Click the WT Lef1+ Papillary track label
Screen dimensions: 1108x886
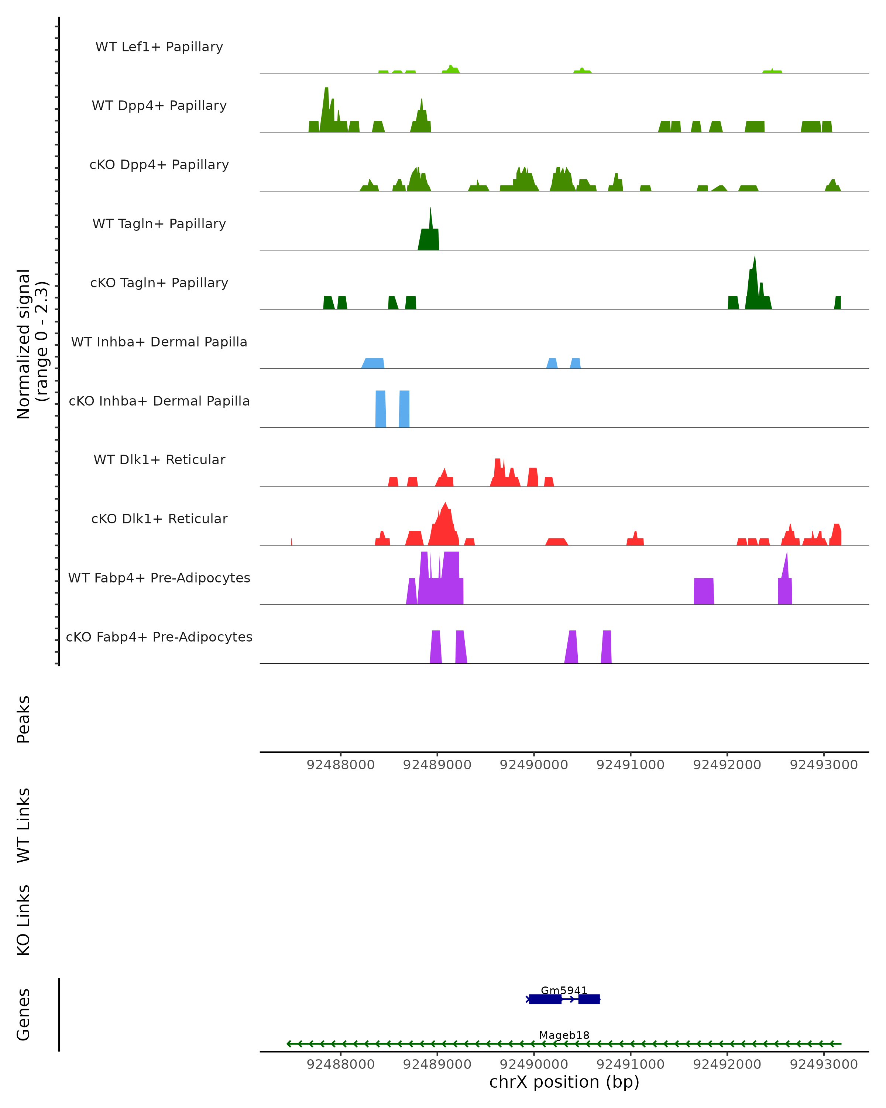(x=159, y=47)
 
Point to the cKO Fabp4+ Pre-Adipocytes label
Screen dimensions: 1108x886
(x=159, y=637)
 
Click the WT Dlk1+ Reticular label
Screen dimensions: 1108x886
(x=159, y=460)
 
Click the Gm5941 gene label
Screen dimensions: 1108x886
(x=563, y=990)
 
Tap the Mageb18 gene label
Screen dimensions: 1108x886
(x=564, y=1035)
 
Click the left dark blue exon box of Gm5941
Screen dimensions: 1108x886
(x=545, y=999)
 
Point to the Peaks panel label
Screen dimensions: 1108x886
(x=24, y=719)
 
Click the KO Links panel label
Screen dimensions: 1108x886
(x=24, y=920)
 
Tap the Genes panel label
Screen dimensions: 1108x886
(x=24, y=1015)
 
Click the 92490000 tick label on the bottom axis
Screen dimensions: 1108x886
(x=534, y=1064)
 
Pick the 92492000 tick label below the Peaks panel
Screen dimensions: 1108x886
(x=727, y=765)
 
